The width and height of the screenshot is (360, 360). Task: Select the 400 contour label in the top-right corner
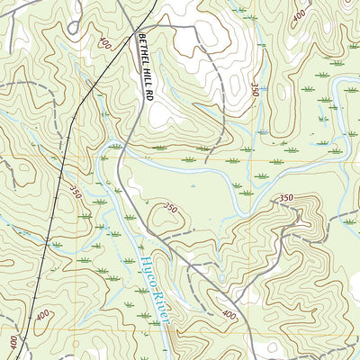pos(298,15)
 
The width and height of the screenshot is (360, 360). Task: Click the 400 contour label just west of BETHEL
pos(106,42)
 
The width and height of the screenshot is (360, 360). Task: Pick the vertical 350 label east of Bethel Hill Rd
pos(255,90)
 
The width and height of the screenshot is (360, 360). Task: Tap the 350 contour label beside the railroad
pos(75,193)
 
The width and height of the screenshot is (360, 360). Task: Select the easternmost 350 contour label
pos(286,197)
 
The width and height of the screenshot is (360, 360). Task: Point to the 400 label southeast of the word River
pos(229,315)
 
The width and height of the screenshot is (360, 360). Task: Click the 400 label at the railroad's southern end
pos(13,343)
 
